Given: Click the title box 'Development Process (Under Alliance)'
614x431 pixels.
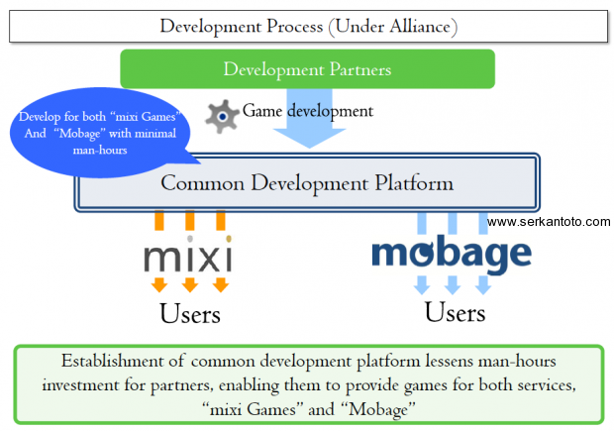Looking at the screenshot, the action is [309, 26].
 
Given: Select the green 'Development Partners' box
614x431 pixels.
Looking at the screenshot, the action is [307, 69].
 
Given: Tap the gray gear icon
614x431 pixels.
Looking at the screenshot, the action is [222, 116].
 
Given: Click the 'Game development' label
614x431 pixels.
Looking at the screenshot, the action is [308, 111].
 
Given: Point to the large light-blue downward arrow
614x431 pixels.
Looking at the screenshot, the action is [309, 118].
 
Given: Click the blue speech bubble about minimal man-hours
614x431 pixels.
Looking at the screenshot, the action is [100, 133].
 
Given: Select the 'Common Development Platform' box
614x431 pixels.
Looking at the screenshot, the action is [307, 182].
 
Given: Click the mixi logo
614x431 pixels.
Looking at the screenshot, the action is [188, 255].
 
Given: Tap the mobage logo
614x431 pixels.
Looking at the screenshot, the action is [452, 255].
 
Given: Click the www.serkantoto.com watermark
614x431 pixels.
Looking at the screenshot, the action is [549, 222].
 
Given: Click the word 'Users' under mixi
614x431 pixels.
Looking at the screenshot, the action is [190, 314].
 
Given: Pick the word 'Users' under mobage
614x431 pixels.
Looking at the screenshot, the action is [455, 312].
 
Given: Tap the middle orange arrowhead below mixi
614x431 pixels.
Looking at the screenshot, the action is [190, 284].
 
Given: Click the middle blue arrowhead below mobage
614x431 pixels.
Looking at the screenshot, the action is [453, 284].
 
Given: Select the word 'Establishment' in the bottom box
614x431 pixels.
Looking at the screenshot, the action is [112, 361].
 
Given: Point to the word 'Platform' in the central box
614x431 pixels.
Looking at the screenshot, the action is [414, 183].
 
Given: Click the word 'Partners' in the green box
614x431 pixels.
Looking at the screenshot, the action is [360, 69].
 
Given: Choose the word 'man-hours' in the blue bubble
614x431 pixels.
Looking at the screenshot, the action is [100, 150].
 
